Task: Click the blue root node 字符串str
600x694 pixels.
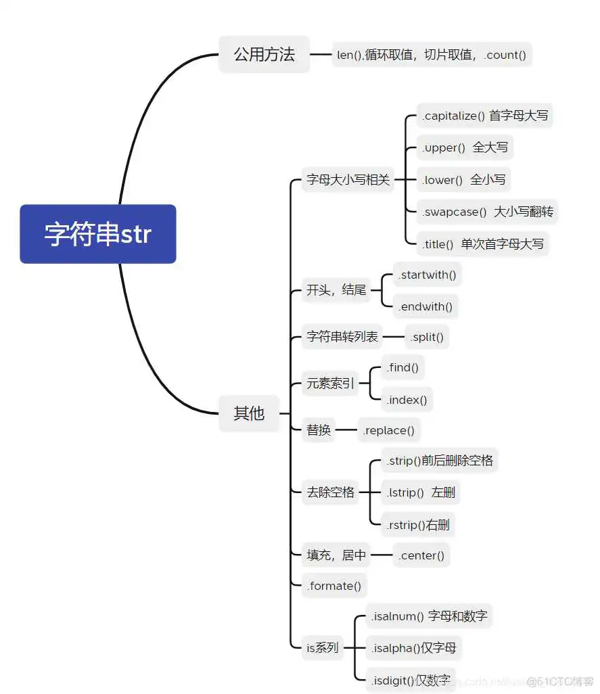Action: [x=98, y=234]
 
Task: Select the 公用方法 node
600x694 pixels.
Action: [x=264, y=55]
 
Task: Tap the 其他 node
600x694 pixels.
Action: [x=249, y=413]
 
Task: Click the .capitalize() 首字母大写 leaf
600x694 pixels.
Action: [x=484, y=116]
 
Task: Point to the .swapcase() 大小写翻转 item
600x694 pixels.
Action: [x=488, y=212]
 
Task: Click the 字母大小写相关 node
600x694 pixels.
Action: [x=348, y=180]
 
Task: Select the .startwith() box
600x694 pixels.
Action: [x=427, y=275]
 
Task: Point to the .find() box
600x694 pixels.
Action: [x=402, y=368]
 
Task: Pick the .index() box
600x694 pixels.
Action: [x=407, y=400]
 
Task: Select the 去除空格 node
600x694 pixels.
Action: [x=330, y=492]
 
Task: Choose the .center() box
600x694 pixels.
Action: [x=421, y=556]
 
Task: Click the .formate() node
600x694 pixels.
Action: [x=334, y=586]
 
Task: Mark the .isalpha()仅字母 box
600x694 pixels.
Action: [x=413, y=648]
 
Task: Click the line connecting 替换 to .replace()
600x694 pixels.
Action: [x=346, y=430]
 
